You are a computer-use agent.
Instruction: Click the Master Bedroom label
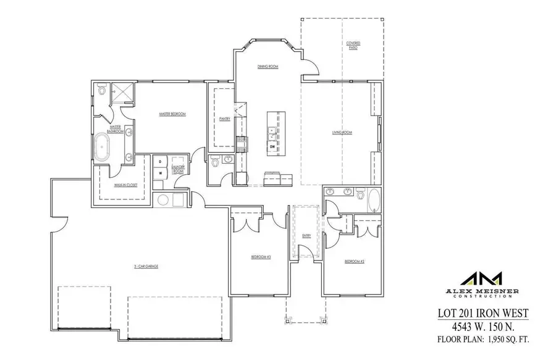coord(172,114)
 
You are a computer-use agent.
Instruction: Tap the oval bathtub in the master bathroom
coord(101,148)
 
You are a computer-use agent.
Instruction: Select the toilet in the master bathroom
coord(101,91)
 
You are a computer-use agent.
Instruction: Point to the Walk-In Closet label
coord(125,185)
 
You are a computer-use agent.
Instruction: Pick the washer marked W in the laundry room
coord(161,174)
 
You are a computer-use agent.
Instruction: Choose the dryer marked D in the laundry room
coord(161,162)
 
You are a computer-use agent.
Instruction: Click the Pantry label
coord(225,119)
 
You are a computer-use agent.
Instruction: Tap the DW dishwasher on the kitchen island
coord(272,146)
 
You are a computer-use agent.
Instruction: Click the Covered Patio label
coord(353,45)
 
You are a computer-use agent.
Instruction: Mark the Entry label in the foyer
coord(305,235)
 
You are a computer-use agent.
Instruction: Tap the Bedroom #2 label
coord(354,262)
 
